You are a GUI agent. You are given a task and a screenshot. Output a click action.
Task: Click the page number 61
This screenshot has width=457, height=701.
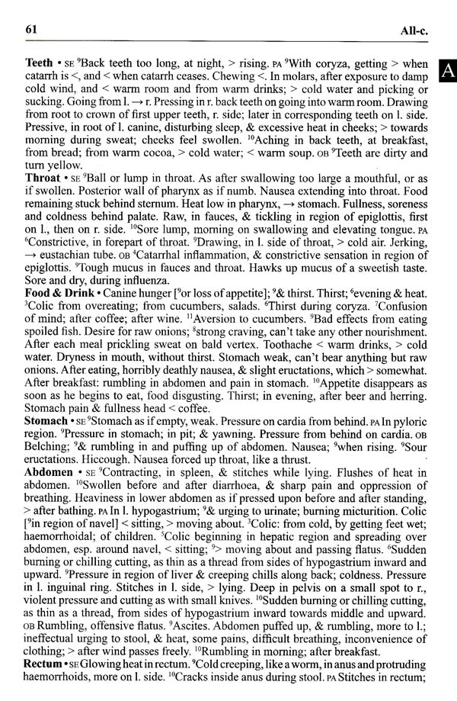(32, 30)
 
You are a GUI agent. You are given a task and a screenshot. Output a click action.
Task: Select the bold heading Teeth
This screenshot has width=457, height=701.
(39, 62)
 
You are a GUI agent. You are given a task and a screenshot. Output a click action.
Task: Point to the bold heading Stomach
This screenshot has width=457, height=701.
(46, 420)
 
